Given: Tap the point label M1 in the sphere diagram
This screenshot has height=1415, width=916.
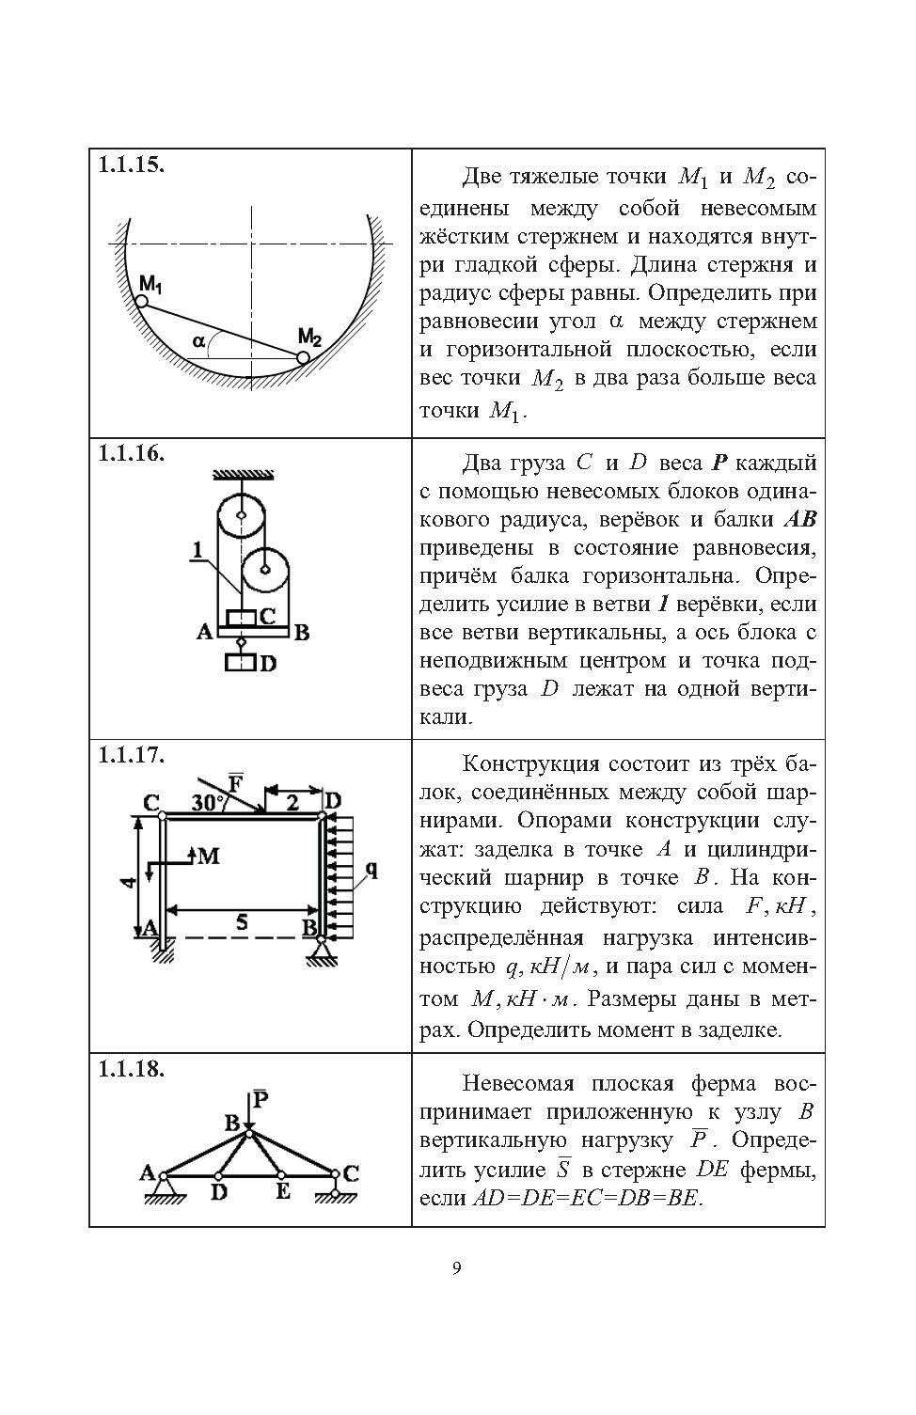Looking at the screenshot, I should click(x=150, y=282).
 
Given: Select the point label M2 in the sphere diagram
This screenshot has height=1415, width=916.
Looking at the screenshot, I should click(x=310, y=337).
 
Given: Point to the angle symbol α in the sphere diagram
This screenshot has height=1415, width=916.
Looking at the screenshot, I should click(x=198, y=342).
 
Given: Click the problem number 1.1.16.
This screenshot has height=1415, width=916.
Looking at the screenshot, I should click(x=132, y=452).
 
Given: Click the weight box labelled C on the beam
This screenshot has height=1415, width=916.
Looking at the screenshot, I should click(x=242, y=619).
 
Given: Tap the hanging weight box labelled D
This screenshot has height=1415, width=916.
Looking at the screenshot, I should click(x=240, y=663).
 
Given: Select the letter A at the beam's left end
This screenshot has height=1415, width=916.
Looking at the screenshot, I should click(x=204, y=633).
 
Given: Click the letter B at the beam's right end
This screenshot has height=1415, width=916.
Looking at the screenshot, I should click(x=301, y=633).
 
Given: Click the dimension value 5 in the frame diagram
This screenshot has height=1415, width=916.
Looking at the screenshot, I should click(x=242, y=922).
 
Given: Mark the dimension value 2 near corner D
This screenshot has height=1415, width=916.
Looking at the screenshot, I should click(x=292, y=801).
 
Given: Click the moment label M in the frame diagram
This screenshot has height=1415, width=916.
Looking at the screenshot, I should click(x=209, y=855).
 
